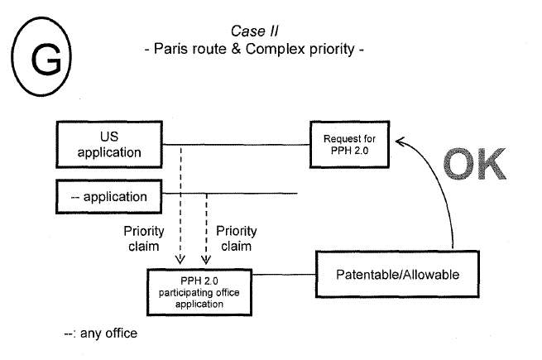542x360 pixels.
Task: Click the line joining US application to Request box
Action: pyautogui.click(x=240, y=147)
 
